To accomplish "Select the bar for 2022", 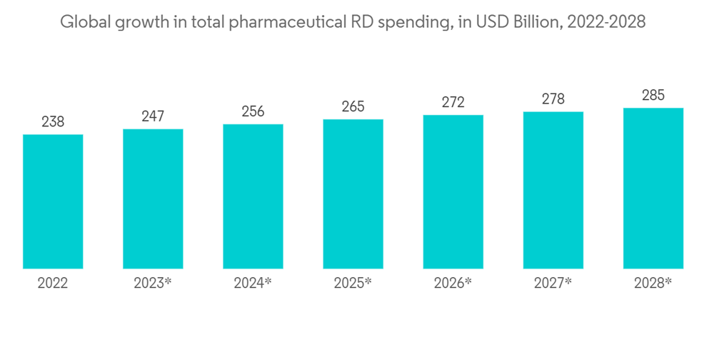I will point(53,201).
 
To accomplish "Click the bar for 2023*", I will point(153,199).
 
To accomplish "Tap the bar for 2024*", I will point(253,196).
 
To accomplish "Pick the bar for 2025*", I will point(353,194).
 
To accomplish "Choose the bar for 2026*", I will point(453,192).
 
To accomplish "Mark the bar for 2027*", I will point(553,190).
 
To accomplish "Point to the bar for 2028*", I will point(653,189).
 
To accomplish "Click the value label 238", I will point(53,122).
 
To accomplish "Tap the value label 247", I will point(153,116).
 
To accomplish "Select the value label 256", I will point(253,111).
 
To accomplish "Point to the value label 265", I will point(353,106).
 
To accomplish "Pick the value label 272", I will point(453,102).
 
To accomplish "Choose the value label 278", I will point(553,99).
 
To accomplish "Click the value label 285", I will point(653,95).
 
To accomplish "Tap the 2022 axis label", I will point(53,284).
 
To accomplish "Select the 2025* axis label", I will point(353,284).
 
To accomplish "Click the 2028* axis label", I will point(653,284).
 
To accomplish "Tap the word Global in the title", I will point(82,22).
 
